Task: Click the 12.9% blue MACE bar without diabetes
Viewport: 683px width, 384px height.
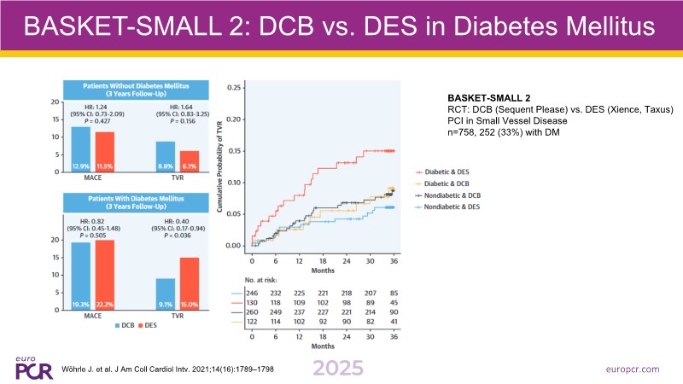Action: [80, 138]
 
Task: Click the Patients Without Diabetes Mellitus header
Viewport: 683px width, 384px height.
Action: [137, 89]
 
